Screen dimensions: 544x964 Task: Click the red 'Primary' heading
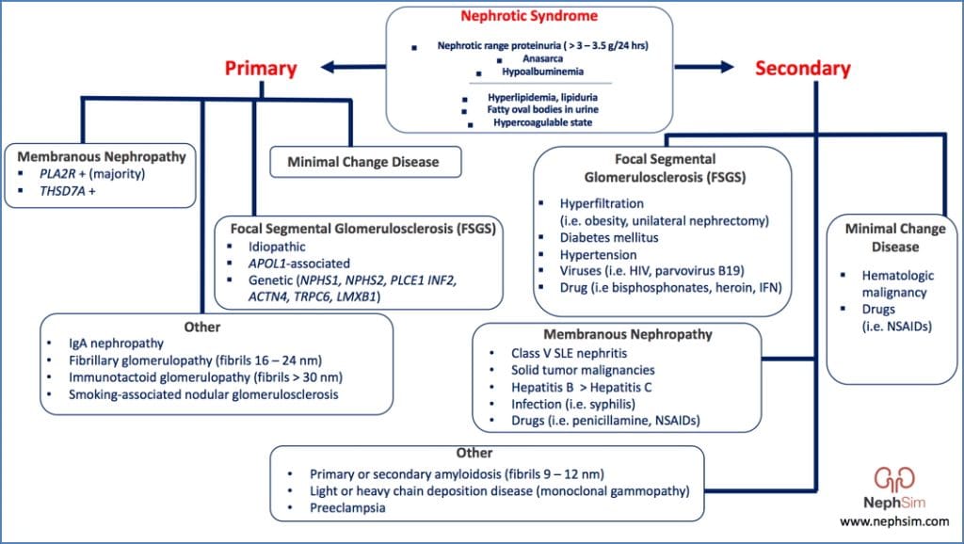pos(261,68)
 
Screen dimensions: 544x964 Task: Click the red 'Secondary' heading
pos(803,68)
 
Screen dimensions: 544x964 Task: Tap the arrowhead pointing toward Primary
pos(329,67)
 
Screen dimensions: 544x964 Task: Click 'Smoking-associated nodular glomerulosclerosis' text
pos(203,394)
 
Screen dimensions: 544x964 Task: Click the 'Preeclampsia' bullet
pos(348,507)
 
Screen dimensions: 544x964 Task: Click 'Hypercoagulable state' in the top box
pos(530,122)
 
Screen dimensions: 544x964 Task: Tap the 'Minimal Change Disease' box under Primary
pos(368,162)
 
